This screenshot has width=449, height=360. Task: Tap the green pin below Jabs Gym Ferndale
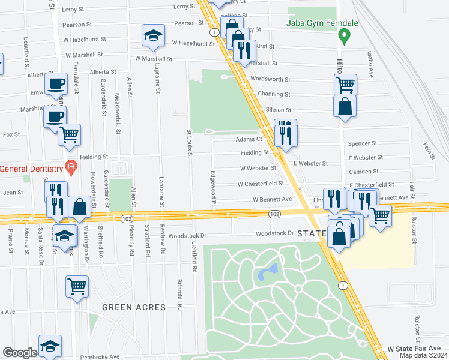345,37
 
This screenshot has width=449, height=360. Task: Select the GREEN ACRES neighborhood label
134,307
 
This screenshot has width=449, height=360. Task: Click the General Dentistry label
31,169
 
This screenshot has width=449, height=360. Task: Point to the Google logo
20,353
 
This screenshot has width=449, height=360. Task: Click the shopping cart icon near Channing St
345,84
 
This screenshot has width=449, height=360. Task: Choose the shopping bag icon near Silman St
345,107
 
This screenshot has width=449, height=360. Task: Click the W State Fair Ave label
414,348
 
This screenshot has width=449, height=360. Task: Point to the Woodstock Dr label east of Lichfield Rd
274,233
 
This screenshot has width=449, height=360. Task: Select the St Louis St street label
189,144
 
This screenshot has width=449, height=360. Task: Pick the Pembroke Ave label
102,356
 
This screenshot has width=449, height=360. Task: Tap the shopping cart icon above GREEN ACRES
77,286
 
